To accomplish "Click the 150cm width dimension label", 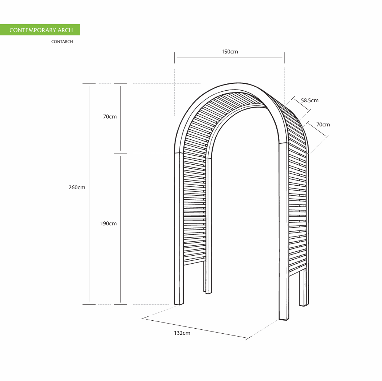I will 230,52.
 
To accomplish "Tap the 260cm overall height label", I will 77,187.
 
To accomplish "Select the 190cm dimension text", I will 109,224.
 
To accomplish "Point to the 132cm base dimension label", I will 182,333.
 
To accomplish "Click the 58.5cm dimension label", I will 310,100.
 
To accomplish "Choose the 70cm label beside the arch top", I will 323,125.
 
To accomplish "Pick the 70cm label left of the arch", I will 110,117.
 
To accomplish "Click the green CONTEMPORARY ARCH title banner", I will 40,30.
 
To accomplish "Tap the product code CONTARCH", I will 62,42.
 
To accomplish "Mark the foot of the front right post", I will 284,319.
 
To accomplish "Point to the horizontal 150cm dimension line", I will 229,58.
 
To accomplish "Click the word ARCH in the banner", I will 65,30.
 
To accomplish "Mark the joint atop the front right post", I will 283,143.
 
